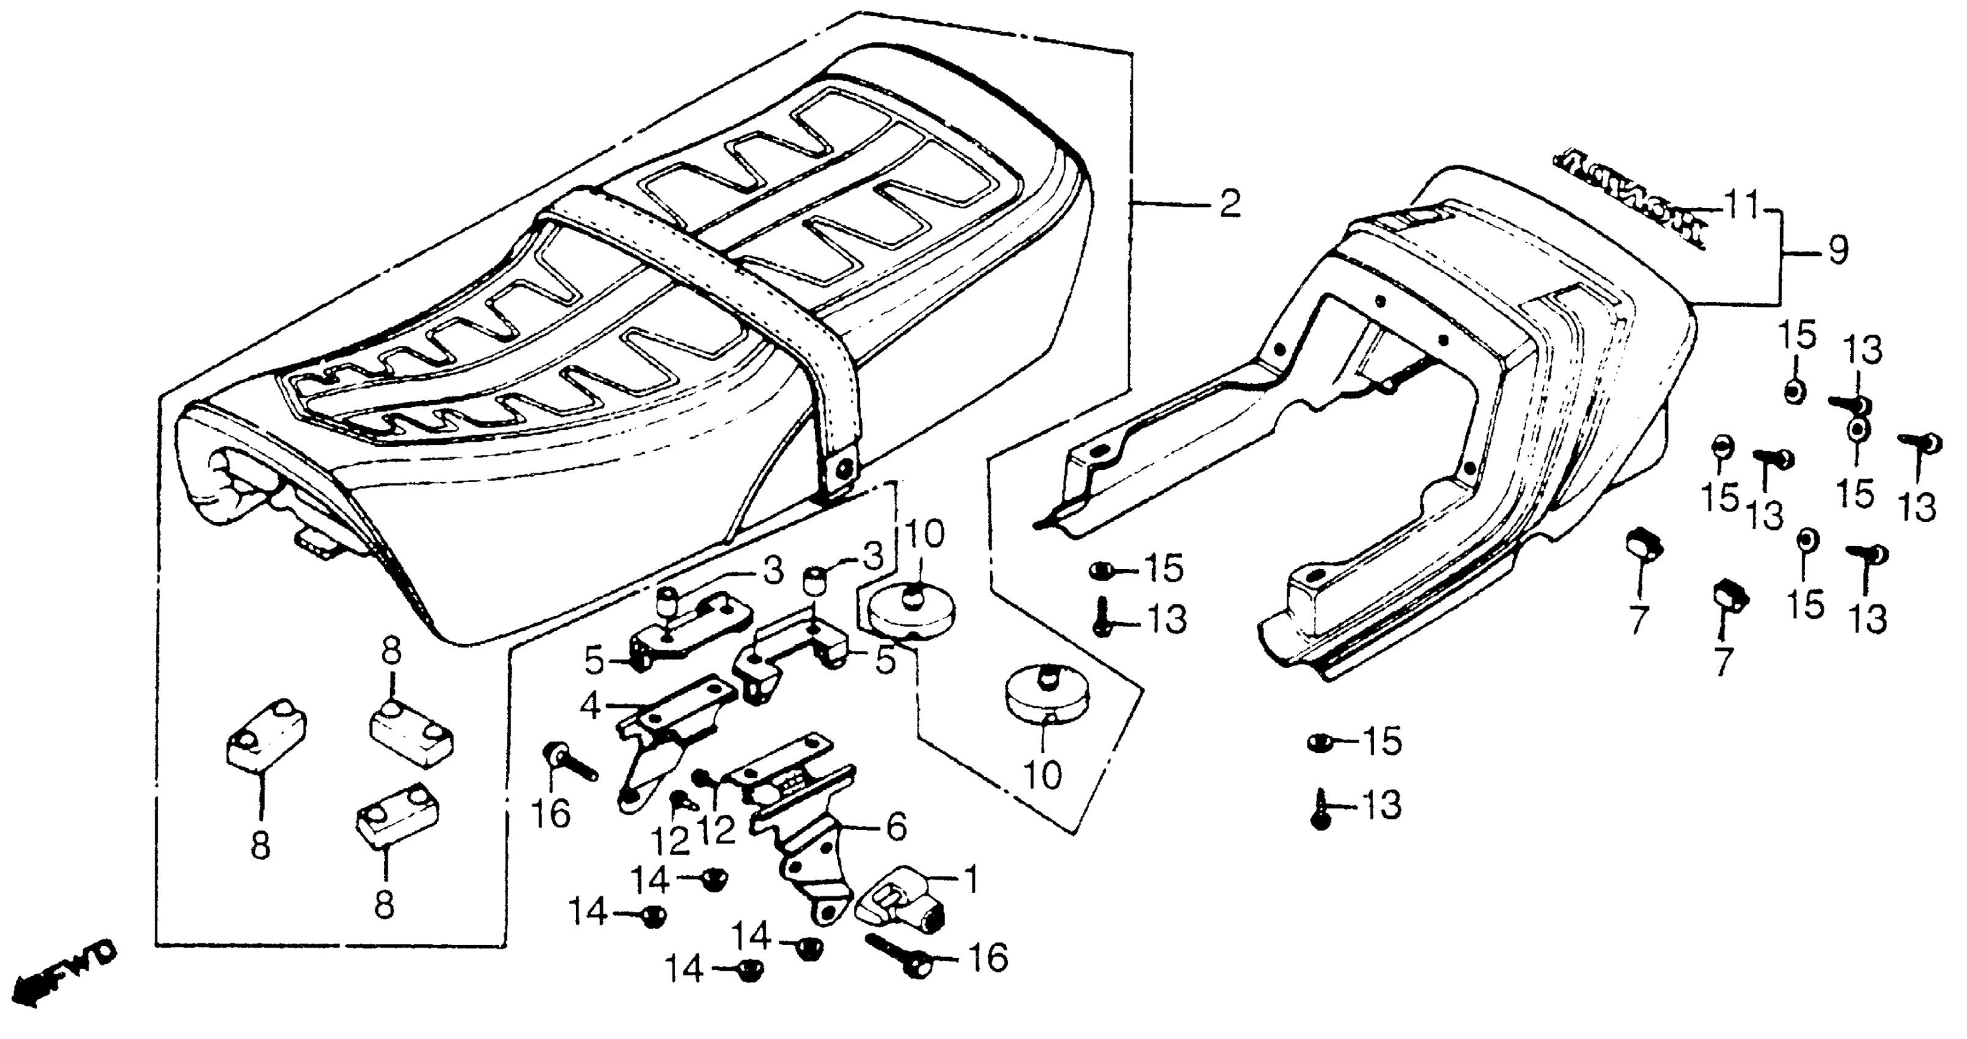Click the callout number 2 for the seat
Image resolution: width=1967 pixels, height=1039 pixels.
point(1229,204)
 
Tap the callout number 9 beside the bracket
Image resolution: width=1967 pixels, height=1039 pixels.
point(1838,249)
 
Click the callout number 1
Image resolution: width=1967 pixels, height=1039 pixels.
point(971,880)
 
